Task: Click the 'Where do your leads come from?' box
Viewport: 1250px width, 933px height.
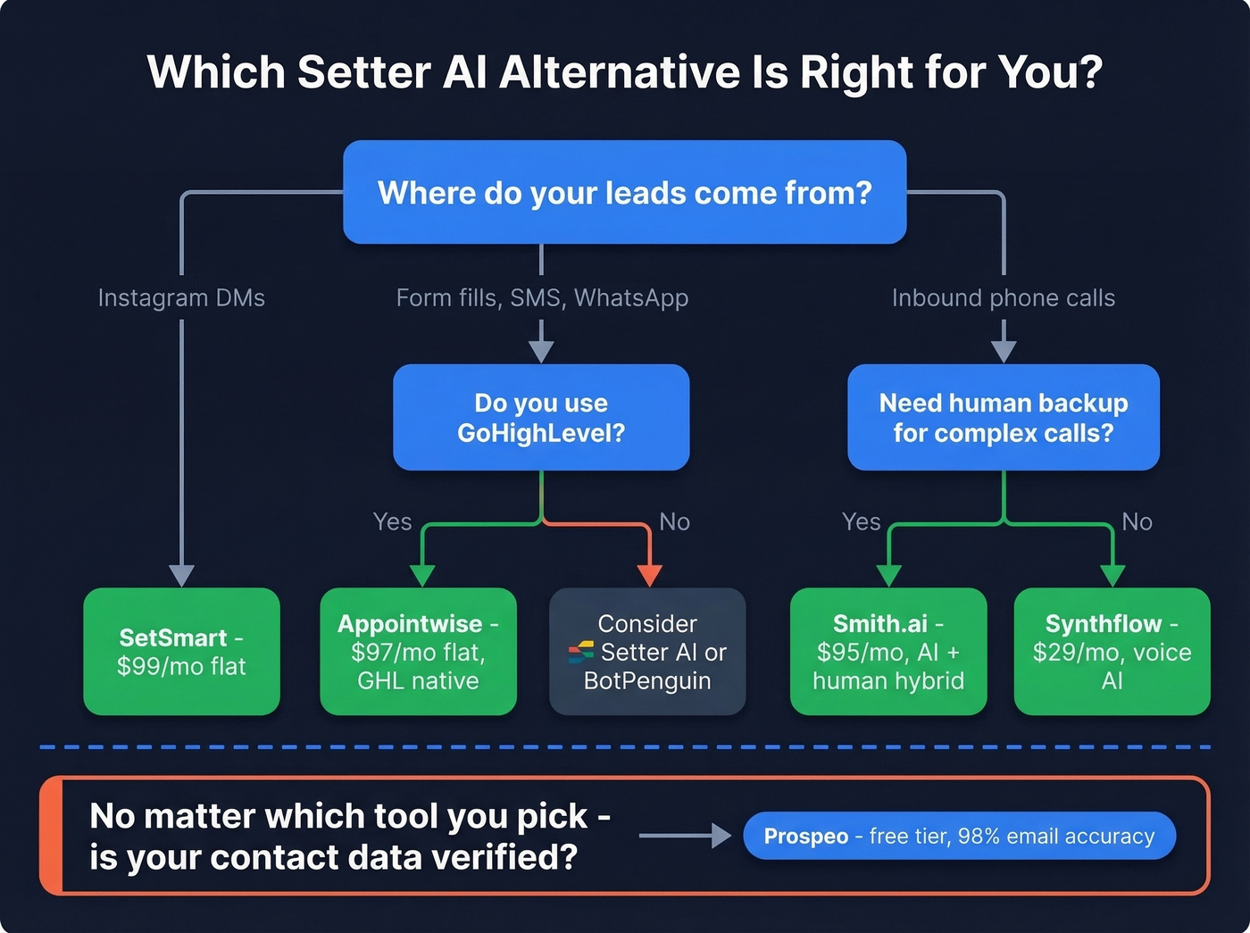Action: click(625, 192)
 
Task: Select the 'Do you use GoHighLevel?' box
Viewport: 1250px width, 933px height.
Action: click(541, 417)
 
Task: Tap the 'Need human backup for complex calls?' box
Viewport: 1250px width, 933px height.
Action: click(1003, 417)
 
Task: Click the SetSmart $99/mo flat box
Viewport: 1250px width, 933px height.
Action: click(181, 651)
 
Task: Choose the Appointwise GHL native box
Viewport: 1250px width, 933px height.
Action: click(418, 651)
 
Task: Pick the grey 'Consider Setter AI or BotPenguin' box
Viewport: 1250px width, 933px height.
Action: click(647, 651)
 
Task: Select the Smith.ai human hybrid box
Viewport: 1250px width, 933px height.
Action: click(888, 651)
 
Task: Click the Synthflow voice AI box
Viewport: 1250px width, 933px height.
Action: click(1112, 651)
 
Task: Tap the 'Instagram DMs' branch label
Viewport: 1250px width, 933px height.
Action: click(181, 297)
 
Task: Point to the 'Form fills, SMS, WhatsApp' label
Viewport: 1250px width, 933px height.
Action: click(542, 297)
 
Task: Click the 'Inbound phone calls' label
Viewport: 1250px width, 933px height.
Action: click(1003, 297)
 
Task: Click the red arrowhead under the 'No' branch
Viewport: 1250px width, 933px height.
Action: click(650, 575)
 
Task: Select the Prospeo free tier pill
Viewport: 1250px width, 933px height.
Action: click(959, 836)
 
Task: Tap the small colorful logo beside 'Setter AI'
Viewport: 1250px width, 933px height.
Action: click(581, 653)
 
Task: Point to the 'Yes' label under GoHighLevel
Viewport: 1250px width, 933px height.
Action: click(392, 521)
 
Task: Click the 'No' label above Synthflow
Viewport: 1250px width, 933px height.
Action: click(1137, 521)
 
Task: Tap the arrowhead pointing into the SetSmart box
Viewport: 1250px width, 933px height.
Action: click(181, 575)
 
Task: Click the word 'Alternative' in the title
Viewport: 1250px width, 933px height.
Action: click(620, 71)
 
